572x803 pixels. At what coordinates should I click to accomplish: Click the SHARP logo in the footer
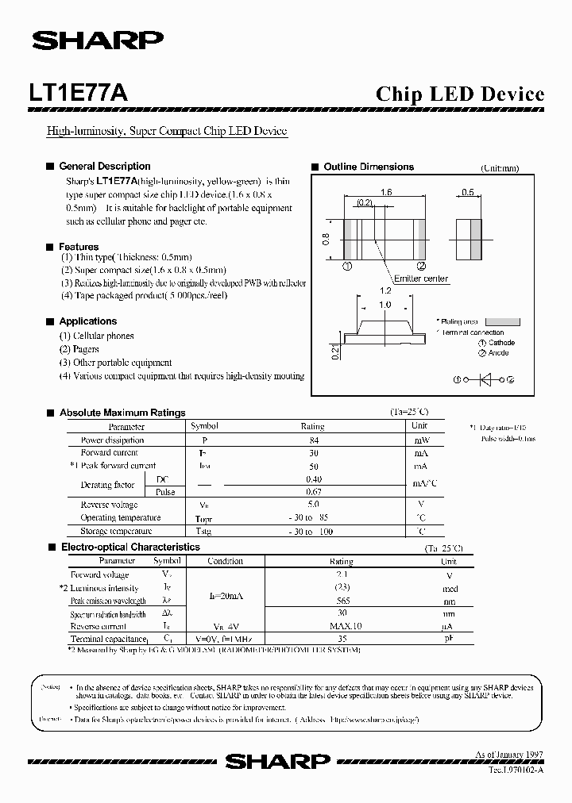[277, 762]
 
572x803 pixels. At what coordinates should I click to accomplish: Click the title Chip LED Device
[459, 94]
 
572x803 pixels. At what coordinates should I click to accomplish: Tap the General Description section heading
[104, 167]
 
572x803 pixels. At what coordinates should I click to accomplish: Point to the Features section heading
[79, 247]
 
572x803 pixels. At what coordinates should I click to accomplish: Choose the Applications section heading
[87, 321]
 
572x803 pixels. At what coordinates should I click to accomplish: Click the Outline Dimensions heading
[368, 167]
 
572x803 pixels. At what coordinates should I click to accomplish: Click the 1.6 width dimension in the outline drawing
[387, 193]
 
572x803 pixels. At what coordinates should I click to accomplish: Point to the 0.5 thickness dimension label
[467, 193]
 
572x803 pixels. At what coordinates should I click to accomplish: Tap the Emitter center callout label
[421, 279]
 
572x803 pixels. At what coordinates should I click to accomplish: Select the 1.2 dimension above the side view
[385, 292]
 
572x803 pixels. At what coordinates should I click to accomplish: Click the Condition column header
[225, 561]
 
